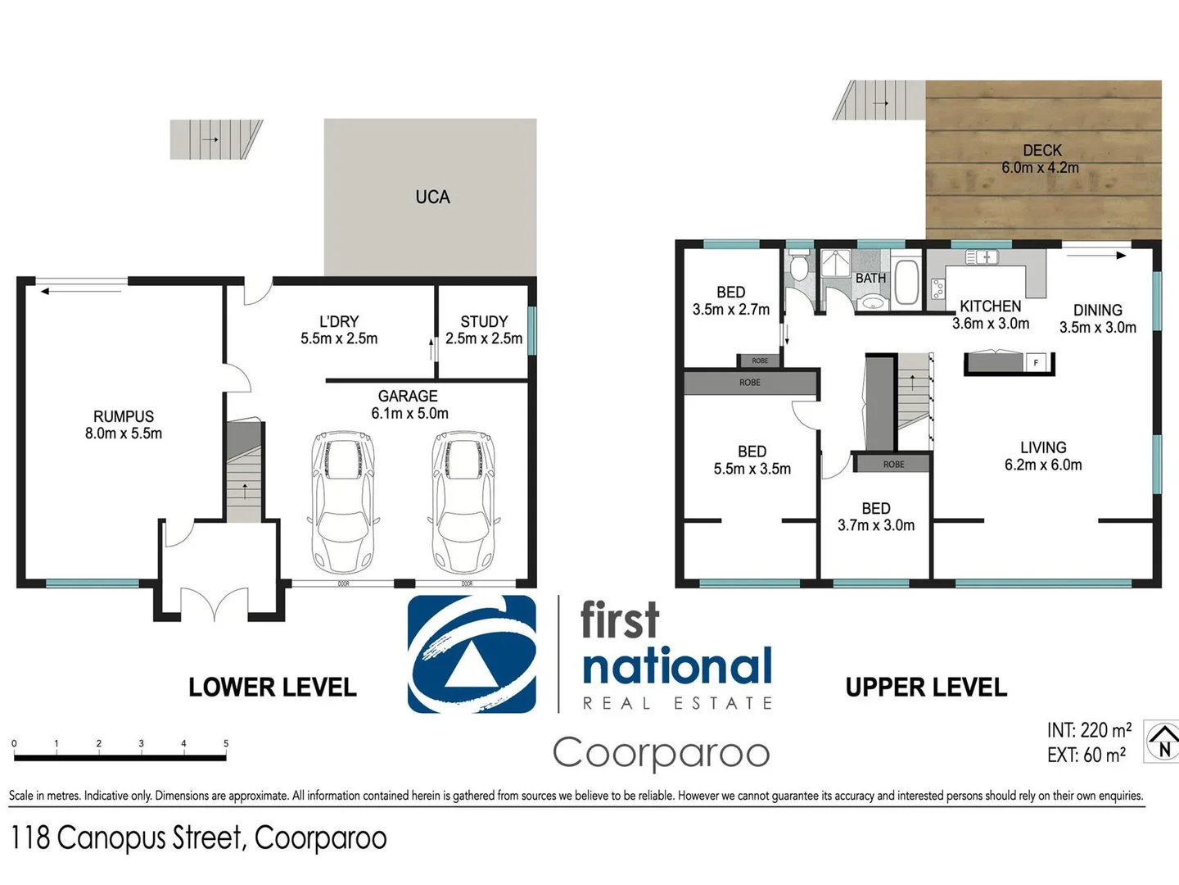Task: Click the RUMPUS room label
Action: coord(124,416)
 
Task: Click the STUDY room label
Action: coord(484,321)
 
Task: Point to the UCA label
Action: coord(432,197)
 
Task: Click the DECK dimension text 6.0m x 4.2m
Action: coord(1041,168)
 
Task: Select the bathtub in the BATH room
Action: coord(907,281)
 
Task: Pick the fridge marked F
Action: coord(1037,362)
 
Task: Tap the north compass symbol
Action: coord(1162,742)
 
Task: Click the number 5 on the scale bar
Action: coord(226,743)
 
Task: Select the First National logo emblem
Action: coord(472,654)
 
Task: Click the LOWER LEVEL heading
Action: coord(273,688)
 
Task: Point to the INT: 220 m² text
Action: coord(1089,729)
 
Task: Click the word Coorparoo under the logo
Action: coord(661,753)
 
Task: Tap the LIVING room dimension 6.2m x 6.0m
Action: coord(1043,465)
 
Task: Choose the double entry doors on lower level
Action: coord(214,604)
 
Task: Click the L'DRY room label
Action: coord(339,321)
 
